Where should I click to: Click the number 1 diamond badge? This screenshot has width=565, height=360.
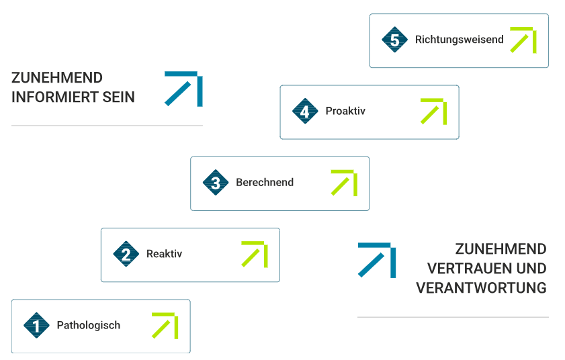tap(36, 326)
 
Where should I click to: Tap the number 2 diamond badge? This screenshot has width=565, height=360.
tap(126, 255)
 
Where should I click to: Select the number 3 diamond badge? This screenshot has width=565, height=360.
tap(216, 183)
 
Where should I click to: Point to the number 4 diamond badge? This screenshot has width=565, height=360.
tap(305, 111)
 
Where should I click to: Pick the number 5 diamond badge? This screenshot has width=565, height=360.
tap(394, 40)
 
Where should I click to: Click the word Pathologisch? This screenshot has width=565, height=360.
tap(89, 326)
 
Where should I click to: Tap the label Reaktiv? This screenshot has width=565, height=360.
tap(164, 255)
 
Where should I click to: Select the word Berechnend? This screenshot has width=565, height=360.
tap(265, 183)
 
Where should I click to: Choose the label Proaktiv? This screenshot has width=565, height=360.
tap(345, 111)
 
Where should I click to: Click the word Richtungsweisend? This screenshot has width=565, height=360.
tap(459, 40)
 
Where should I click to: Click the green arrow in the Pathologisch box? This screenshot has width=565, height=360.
tap(165, 326)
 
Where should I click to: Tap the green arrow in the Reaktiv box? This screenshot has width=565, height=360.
tap(255, 254)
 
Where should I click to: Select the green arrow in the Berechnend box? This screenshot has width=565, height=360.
tap(344, 183)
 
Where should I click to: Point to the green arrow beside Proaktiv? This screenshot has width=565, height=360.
tap(434, 111)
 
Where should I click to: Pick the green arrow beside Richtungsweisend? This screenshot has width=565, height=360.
tap(523, 40)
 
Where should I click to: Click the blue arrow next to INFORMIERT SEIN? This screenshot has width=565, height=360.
tap(184, 89)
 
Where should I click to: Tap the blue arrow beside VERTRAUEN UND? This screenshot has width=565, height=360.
tap(377, 260)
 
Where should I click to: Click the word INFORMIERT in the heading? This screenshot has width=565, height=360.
tap(50, 97)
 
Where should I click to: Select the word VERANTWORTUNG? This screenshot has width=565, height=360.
tap(481, 288)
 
